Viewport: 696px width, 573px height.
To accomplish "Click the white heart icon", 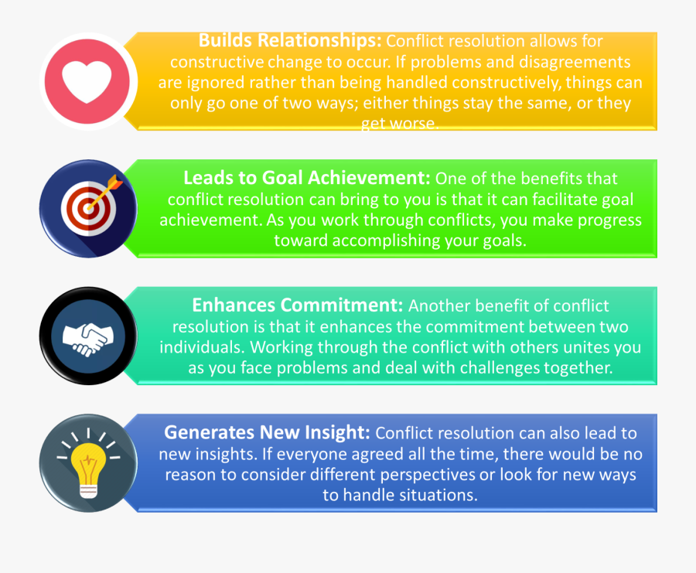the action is coord(87,82).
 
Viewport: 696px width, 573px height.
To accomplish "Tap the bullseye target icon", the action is coord(89,209).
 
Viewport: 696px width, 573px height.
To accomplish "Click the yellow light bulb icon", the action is coord(88,469).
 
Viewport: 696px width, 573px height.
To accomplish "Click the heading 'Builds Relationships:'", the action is coord(290,40).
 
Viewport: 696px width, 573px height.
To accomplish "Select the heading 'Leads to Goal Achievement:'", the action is coord(307,178).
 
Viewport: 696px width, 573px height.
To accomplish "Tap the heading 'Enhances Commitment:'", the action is coord(298,305).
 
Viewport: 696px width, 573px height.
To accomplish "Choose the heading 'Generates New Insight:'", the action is coord(267,432).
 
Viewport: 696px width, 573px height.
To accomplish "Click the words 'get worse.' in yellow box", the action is coord(400,123).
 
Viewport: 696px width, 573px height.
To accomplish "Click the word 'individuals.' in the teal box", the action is coord(202,346).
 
